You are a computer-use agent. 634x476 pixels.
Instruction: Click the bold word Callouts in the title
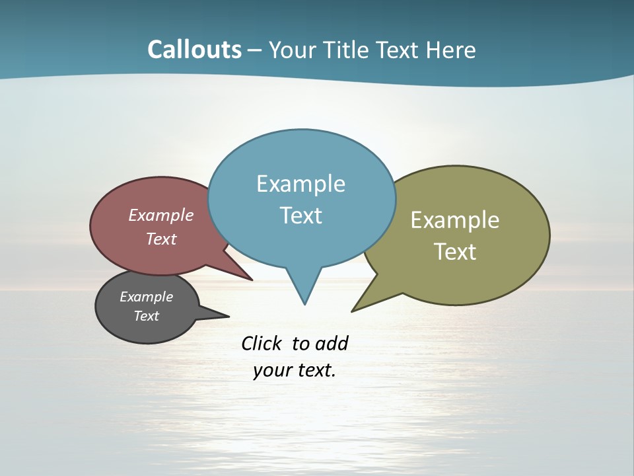[194, 50]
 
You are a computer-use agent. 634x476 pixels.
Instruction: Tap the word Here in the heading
[451, 50]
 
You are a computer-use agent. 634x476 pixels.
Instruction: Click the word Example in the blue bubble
[300, 184]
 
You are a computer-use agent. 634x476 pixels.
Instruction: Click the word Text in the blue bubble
[300, 216]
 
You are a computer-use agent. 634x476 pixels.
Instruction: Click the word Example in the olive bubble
[455, 220]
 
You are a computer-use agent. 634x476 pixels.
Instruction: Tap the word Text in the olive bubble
[455, 252]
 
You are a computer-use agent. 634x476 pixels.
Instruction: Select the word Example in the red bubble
[160, 216]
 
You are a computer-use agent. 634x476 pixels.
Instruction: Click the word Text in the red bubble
[160, 239]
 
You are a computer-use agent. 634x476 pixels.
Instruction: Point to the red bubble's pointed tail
[251, 279]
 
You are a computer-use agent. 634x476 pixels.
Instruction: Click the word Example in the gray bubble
[146, 297]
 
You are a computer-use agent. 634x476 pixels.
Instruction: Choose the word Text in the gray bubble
[146, 316]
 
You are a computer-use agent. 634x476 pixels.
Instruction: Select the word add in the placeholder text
[332, 343]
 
